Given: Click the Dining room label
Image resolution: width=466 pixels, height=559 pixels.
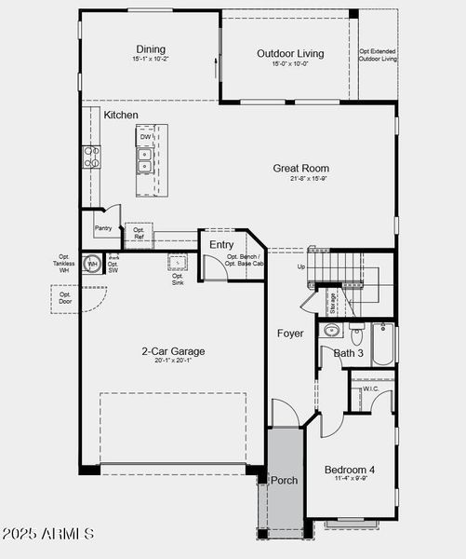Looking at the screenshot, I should point(151,49).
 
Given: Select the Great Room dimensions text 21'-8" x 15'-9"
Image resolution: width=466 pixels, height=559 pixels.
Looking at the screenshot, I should point(300,179).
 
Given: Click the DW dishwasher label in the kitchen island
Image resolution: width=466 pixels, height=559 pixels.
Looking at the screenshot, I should point(146,138).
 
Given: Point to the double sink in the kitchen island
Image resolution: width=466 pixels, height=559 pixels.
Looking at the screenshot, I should point(145,161).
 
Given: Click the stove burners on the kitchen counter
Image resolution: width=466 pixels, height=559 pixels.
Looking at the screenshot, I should point(91,157).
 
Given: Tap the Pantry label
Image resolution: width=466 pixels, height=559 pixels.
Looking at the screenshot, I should point(103,228).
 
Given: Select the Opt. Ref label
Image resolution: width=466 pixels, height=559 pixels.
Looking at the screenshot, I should point(138,234).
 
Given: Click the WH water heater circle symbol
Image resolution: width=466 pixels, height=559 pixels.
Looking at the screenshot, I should point(92,265).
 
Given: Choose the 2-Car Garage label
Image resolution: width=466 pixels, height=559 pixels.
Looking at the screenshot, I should point(173,351).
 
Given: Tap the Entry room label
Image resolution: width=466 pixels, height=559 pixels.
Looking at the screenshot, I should point(221,245).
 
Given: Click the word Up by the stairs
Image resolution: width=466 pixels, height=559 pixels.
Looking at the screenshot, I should point(300,266).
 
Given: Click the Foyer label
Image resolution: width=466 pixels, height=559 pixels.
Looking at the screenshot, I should point(289,333).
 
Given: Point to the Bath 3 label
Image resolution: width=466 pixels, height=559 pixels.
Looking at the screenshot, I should point(348,353).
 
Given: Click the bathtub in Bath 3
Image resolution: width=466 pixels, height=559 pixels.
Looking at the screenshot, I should point(383,343).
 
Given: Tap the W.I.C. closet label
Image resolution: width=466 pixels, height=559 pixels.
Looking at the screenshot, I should point(370,389).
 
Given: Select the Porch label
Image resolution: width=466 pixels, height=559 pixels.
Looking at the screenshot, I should point(284,480).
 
